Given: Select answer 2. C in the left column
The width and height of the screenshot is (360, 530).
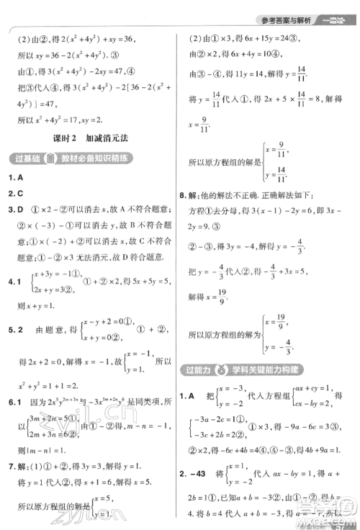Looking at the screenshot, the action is point(14,194).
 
